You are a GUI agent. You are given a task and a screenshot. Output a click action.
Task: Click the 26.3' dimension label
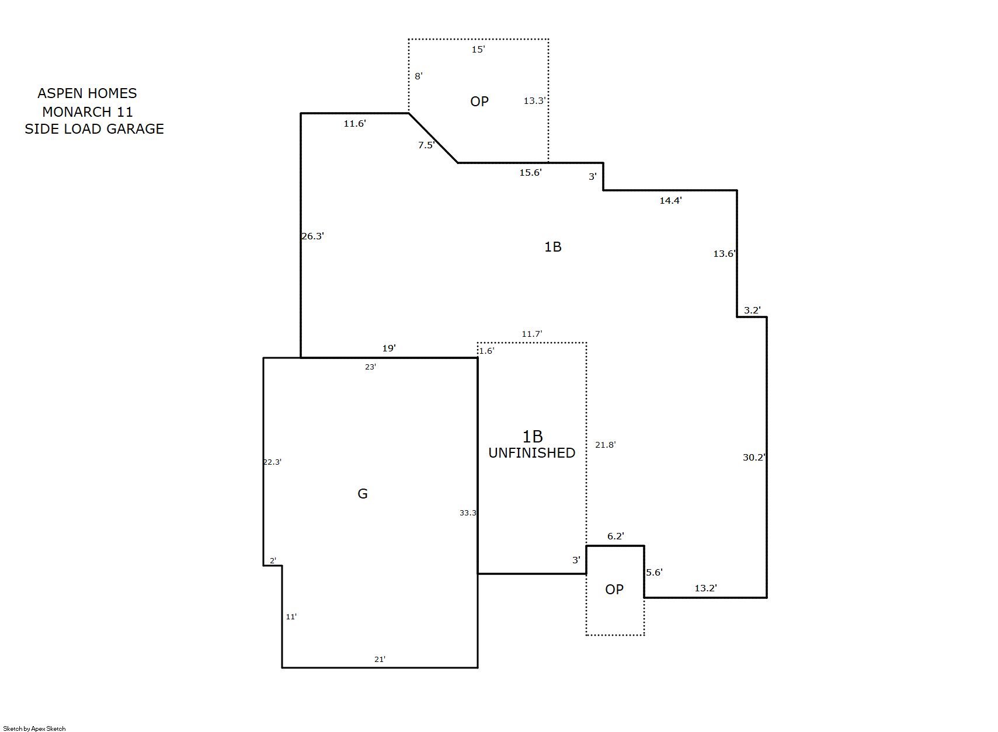[x=312, y=236]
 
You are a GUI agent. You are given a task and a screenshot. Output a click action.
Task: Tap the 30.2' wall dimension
[x=754, y=457]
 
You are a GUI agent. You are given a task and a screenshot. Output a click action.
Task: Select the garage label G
[x=363, y=494]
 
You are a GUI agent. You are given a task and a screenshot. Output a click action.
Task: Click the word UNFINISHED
[x=531, y=453]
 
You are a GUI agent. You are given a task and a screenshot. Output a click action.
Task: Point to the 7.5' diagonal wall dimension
[x=426, y=145]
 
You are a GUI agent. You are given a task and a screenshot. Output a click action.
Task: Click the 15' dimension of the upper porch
[x=478, y=50]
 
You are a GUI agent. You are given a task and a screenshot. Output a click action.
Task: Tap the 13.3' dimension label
[x=534, y=100]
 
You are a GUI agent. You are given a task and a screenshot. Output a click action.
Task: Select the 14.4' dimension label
[x=670, y=200]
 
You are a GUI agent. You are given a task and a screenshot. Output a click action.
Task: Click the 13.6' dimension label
[x=725, y=253]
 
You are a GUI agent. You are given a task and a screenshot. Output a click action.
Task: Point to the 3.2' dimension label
[x=752, y=310]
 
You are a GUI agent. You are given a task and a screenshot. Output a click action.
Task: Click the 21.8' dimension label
[x=606, y=445]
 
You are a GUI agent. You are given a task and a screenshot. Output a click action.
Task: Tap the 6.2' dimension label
[x=616, y=536]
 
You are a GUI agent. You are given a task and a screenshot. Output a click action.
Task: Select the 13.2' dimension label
[x=706, y=588]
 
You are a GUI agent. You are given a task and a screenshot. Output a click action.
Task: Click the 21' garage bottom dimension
[x=380, y=660]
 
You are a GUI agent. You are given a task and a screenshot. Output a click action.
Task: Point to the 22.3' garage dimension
[x=272, y=462]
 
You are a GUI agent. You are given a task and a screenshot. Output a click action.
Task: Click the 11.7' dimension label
[x=532, y=334]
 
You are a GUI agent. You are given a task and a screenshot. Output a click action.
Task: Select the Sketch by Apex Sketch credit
[x=34, y=729]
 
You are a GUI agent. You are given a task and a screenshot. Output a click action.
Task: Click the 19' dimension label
[x=389, y=348]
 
